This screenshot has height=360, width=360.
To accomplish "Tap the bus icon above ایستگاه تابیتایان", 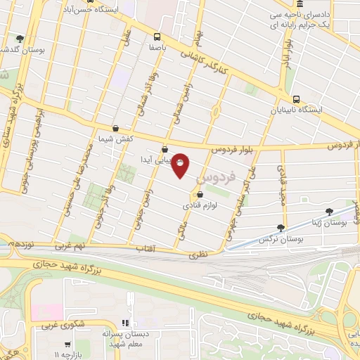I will point(296,99).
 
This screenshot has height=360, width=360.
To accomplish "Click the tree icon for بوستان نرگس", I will point(281,227).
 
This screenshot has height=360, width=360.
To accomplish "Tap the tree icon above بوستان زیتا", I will point(328,211).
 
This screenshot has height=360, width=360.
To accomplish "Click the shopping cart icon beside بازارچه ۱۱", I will point(67,345).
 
